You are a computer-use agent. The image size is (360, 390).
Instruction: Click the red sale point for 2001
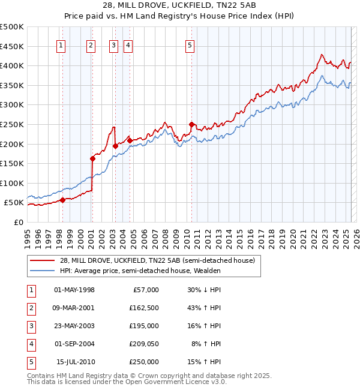(92, 158)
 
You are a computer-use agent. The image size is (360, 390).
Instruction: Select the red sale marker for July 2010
(191, 124)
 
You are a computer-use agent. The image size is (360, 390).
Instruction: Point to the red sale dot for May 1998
(62, 200)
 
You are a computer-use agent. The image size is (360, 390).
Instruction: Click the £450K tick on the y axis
(12, 46)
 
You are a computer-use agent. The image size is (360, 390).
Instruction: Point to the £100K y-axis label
(12, 183)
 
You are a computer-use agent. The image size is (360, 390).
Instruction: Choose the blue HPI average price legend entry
(140, 271)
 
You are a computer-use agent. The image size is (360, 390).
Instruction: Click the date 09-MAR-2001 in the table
(74, 308)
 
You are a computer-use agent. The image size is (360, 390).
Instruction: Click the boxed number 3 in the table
(31, 326)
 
